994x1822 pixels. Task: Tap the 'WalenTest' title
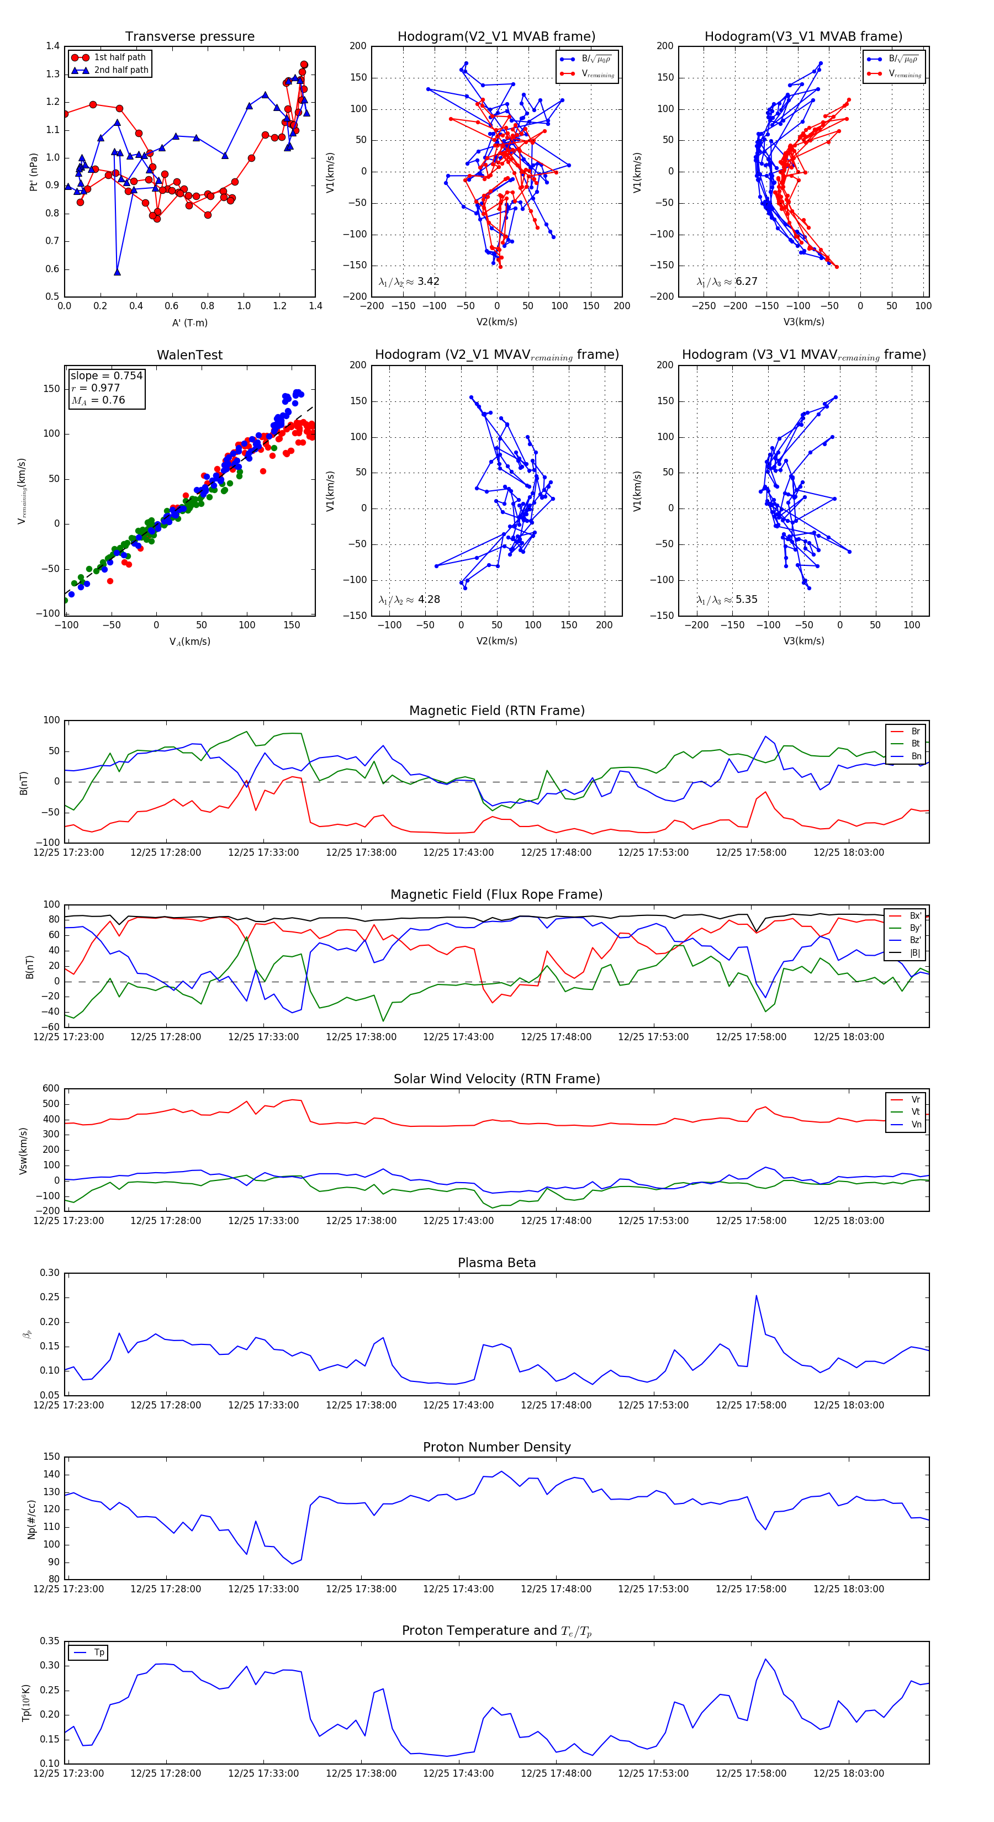coord(189,355)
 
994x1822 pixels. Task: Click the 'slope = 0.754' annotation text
coord(106,375)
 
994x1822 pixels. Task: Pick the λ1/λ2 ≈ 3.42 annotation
coord(409,282)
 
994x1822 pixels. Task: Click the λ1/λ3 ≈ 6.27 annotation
coord(727,282)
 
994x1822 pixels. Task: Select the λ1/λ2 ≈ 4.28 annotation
coord(409,600)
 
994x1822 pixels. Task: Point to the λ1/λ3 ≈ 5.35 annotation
coord(727,600)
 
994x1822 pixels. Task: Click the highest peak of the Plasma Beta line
coord(757,1296)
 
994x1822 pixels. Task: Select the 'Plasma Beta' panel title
coord(496,1263)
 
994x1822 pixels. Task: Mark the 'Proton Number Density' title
coord(496,1447)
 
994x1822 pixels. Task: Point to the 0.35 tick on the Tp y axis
coord(50,1641)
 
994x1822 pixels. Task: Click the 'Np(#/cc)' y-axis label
coord(31,1519)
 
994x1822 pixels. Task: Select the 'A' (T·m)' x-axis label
coord(189,323)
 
